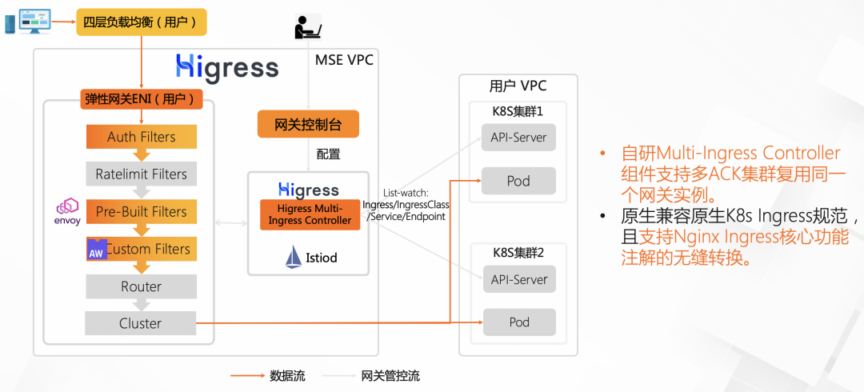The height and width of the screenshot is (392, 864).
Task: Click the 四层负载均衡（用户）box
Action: [x=141, y=22]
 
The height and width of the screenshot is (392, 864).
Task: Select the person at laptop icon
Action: [x=307, y=27]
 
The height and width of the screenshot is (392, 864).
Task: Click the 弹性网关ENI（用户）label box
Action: [x=141, y=99]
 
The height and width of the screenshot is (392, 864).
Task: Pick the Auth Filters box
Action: [x=141, y=137]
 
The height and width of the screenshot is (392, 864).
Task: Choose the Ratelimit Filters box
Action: [x=141, y=174]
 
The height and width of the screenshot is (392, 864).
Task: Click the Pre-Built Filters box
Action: [x=141, y=211]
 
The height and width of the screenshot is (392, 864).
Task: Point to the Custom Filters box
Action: [x=141, y=249]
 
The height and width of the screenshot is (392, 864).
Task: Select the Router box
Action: [x=141, y=286]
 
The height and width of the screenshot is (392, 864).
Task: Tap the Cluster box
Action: [x=141, y=323]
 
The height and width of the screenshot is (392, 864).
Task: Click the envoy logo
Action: [x=67, y=211]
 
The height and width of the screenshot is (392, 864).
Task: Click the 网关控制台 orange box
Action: [x=308, y=124]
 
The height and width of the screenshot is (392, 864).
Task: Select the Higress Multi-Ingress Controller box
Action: [x=310, y=214]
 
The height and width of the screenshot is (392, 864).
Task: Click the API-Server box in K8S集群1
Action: [x=518, y=137]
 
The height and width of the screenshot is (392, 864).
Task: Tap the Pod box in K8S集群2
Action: [x=518, y=322]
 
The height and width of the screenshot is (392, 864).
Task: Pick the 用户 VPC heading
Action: [x=518, y=86]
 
